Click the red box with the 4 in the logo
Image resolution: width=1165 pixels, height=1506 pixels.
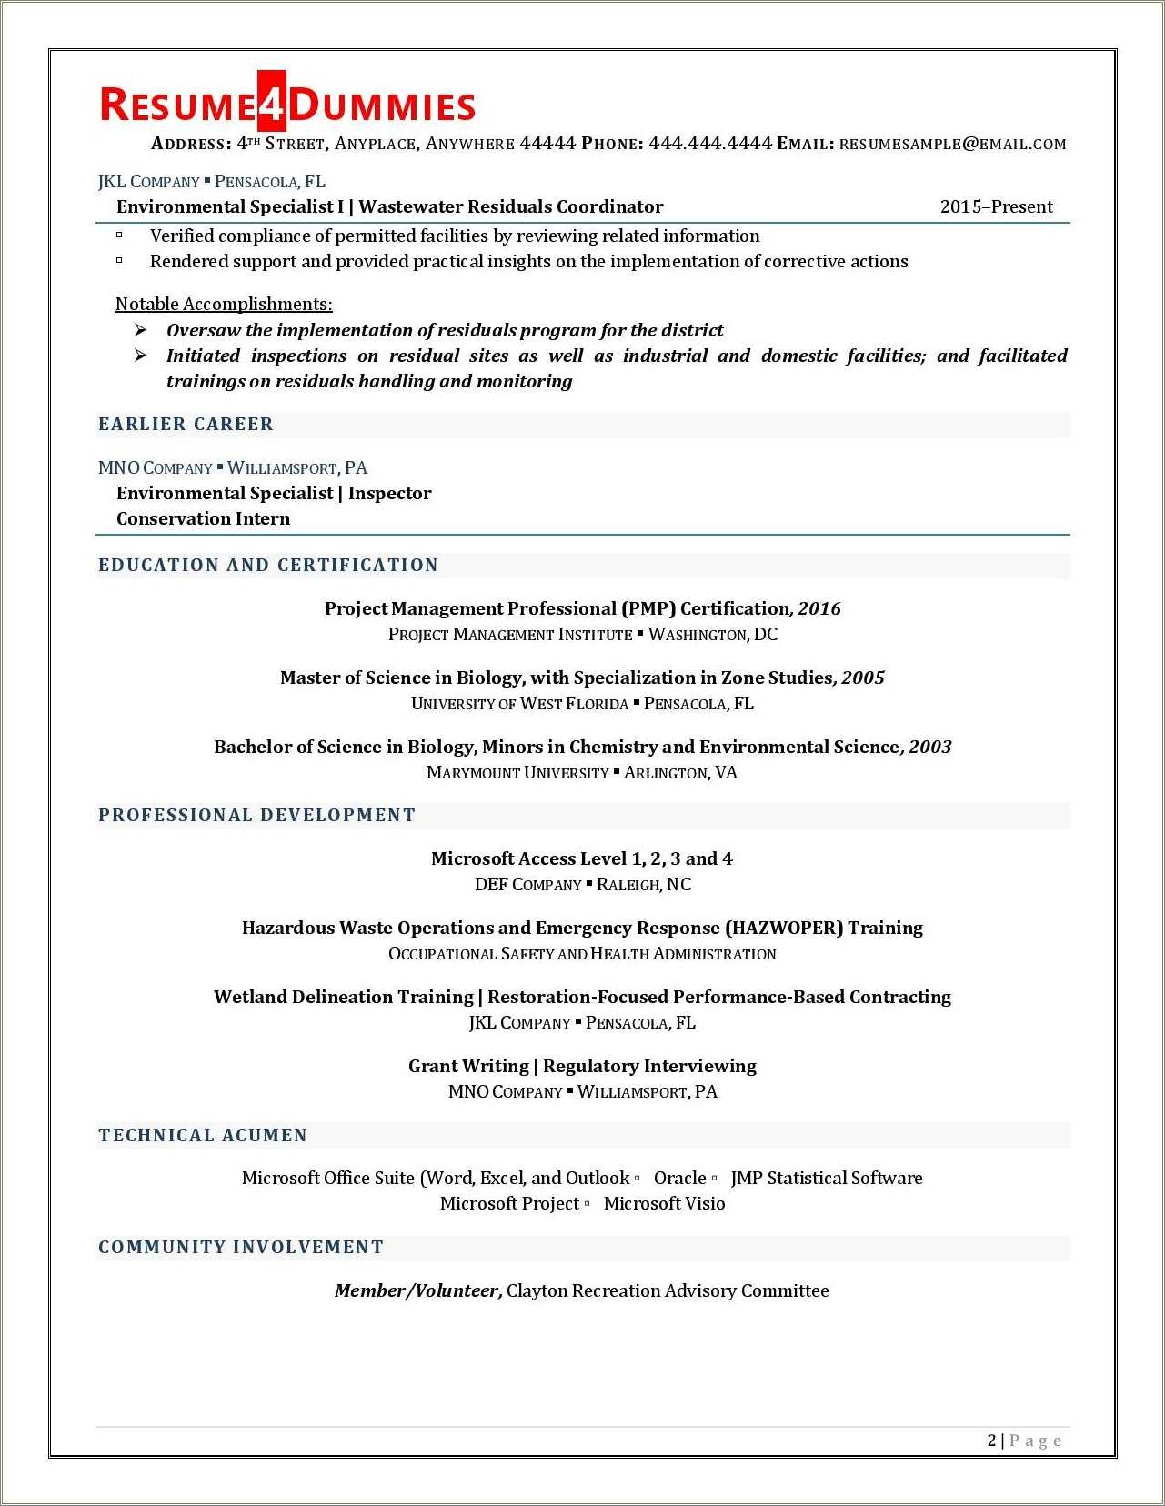pyautogui.click(x=272, y=103)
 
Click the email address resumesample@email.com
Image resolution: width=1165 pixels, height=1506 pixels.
pyautogui.click(x=952, y=144)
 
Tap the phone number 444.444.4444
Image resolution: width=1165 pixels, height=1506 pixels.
pyautogui.click(x=710, y=144)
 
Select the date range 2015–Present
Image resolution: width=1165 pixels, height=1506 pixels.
pyautogui.click(x=996, y=207)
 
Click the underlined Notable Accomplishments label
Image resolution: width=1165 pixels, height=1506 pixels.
pyautogui.click(x=224, y=305)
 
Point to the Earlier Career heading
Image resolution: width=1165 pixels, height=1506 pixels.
pyautogui.click(x=186, y=425)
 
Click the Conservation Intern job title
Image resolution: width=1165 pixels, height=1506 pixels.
pyautogui.click(x=203, y=519)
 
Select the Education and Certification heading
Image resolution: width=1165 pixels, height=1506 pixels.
pyautogui.click(x=268, y=566)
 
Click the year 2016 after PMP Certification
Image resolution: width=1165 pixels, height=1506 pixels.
pyautogui.click(x=819, y=609)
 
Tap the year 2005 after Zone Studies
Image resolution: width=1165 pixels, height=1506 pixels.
pyautogui.click(x=863, y=678)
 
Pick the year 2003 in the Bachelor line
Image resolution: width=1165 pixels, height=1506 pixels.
pyautogui.click(x=930, y=748)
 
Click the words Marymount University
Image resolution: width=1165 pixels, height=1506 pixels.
pyautogui.click(x=517, y=773)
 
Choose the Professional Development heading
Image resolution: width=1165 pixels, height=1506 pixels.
pyautogui.click(x=256, y=816)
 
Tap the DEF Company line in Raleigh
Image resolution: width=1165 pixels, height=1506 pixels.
pyautogui.click(x=582, y=885)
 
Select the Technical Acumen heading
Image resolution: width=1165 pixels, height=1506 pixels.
pyautogui.click(x=203, y=1136)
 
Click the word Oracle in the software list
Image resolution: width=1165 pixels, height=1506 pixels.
pyautogui.click(x=679, y=1179)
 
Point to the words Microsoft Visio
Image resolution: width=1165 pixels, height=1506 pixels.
pyautogui.click(x=664, y=1204)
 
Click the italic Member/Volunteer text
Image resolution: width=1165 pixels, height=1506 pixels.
pyautogui.click(x=418, y=1291)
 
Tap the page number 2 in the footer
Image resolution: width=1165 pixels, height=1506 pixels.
pyautogui.click(x=991, y=1441)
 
